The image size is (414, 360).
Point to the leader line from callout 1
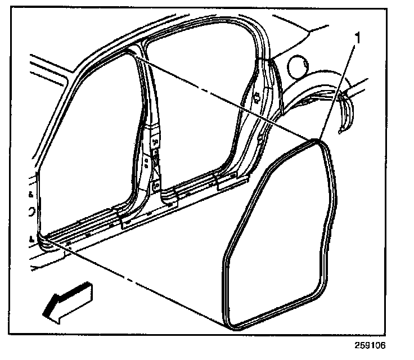[x=337, y=90]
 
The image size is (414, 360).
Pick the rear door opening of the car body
[x=197, y=112]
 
